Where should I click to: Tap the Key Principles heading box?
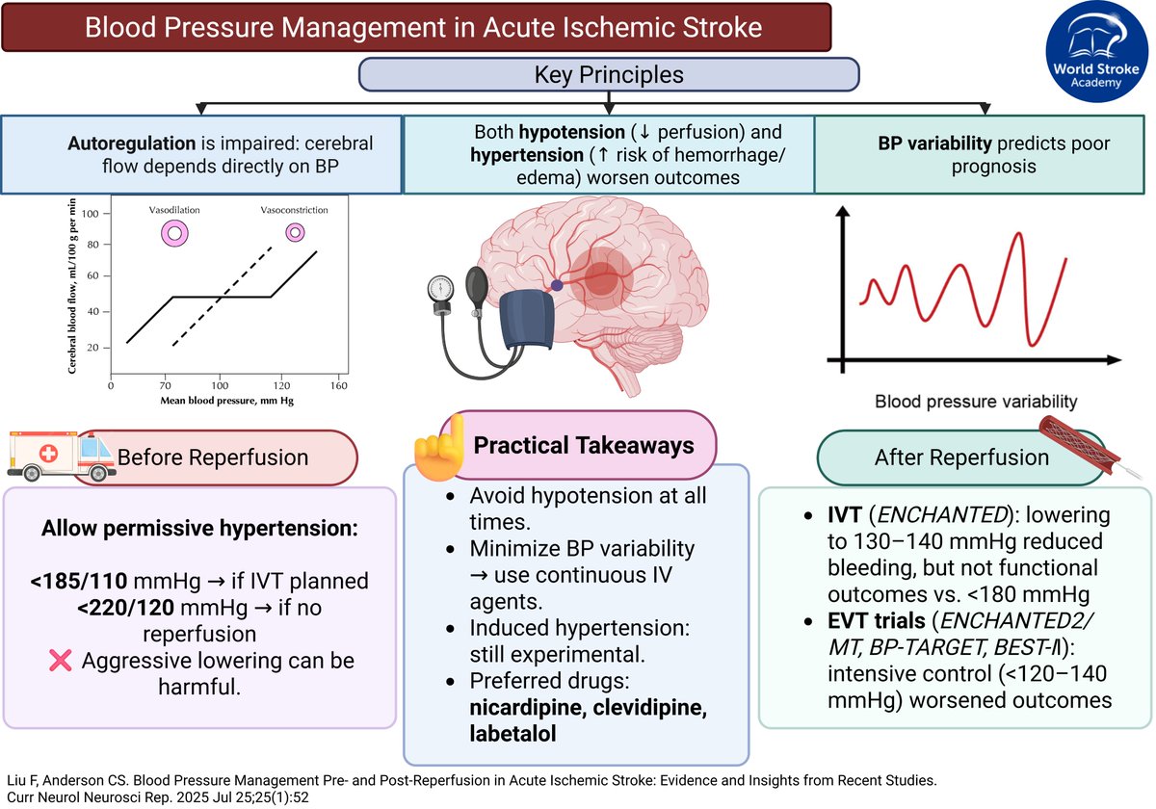(x=609, y=74)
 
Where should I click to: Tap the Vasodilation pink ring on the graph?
(x=174, y=232)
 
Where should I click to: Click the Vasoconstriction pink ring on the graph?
(x=296, y=232)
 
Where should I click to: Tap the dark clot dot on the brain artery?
(x=557, y=285)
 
